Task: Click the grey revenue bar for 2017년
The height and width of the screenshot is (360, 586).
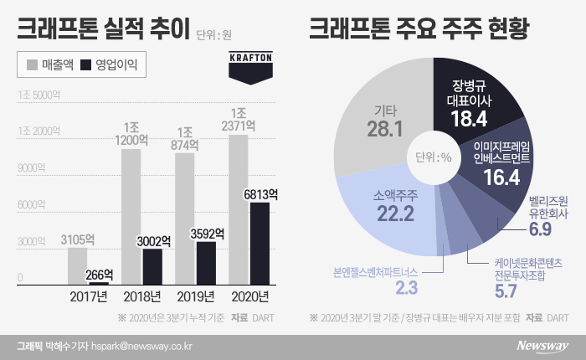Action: [77, 265]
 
